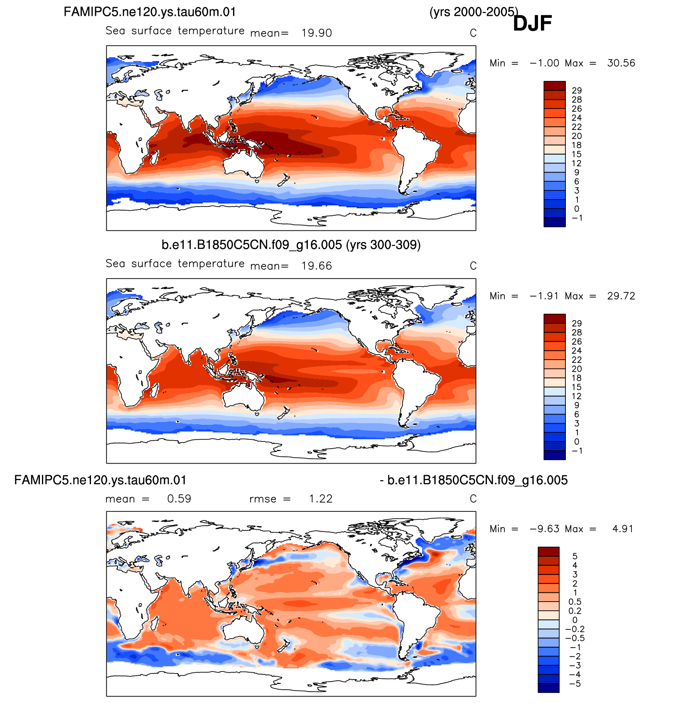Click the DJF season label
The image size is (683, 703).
pos(532,23)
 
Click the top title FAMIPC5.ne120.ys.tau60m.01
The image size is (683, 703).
pos(150,12)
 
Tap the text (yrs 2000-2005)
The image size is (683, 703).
pos(474,12)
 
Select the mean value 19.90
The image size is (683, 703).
pos(317,33)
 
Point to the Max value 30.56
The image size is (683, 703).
pos(621,63)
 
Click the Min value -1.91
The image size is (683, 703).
pos(545,296)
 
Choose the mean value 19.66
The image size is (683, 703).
pos(317,266)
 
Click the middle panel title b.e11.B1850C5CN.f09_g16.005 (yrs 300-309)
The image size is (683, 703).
pos(291,245)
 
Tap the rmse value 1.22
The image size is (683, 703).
pos(321,498)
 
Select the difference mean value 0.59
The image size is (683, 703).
pos(179,498)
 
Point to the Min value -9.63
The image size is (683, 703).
pos(545,529)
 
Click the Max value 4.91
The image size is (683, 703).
pos(623,529)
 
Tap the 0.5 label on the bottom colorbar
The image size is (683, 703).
pos(575,602)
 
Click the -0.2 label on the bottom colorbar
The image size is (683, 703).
pos(575,629)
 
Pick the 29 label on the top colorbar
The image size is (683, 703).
pos(577,90)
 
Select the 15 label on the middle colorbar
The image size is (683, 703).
pos(577,387)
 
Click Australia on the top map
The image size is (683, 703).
pos(243,163)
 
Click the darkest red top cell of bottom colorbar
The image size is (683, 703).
pos(548,552)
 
